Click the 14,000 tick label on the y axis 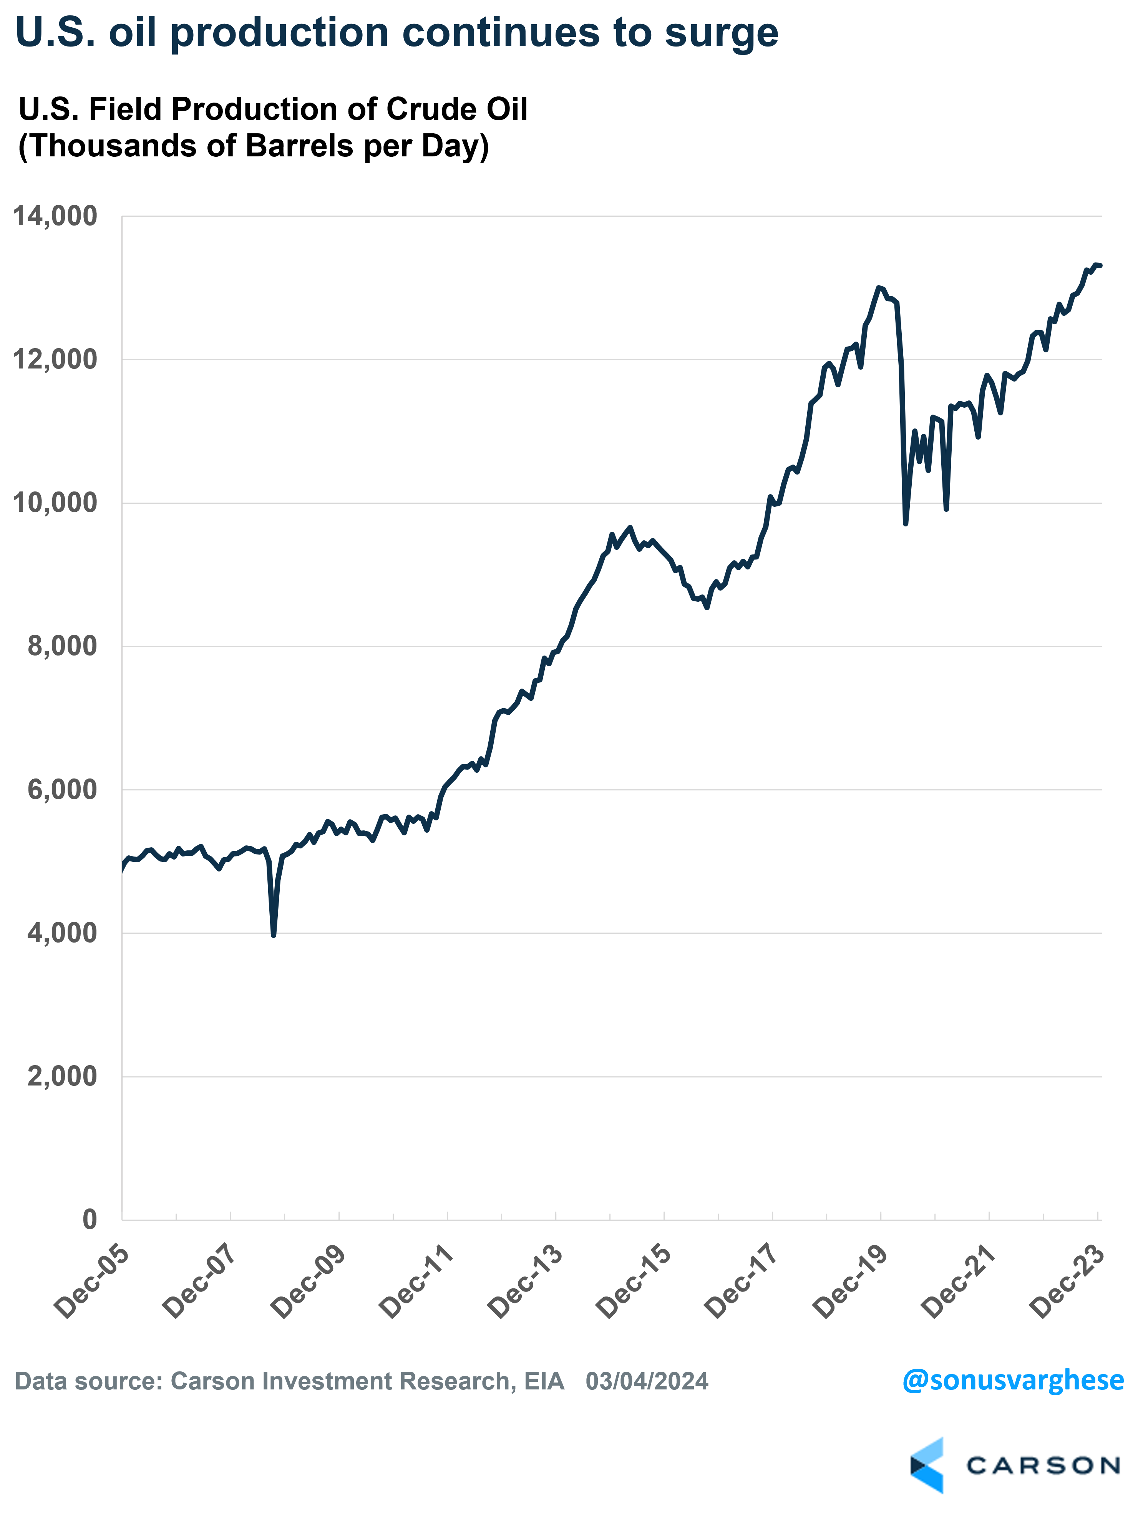(x=55, y=216)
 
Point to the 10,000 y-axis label (x=55, y=503)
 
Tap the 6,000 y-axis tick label (x=62, y=789)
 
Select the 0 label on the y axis (x=90, y=1219)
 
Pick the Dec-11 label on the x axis (x=417, y=1282)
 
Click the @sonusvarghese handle (x=1013, y=1379)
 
